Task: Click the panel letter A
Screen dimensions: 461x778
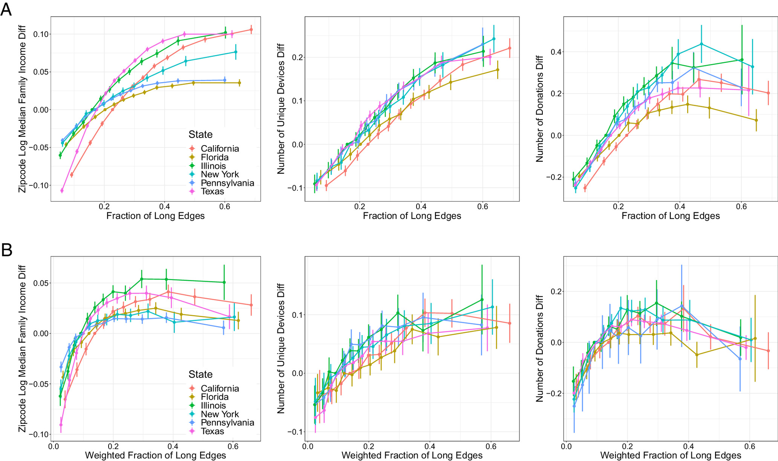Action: click(x=6, y=9)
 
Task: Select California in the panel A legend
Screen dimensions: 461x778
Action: click(x=220, y=149)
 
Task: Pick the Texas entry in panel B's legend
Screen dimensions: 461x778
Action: click(x=212, y=431)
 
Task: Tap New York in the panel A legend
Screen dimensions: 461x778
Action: click(x=220, y=174)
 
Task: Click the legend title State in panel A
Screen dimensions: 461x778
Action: click(x=201, y=135)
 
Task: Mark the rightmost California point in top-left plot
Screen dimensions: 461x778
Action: click(x=251, y=29)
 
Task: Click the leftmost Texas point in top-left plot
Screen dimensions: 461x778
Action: click(x=62, y=190)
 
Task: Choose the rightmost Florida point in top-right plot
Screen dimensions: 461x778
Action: click(x=756, y=120)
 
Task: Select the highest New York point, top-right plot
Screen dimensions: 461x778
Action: click(x=701, y=44)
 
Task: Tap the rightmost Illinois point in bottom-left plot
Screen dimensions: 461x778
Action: click(x=224, y=282)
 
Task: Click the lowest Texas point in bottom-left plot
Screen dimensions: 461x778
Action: click(x=61, y=425)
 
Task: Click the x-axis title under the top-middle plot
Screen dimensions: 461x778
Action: click(x=412, y=216)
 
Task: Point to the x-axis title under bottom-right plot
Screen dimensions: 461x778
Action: click(x=671, y=455)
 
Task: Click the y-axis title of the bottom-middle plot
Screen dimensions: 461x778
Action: click(x=281, y=348)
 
